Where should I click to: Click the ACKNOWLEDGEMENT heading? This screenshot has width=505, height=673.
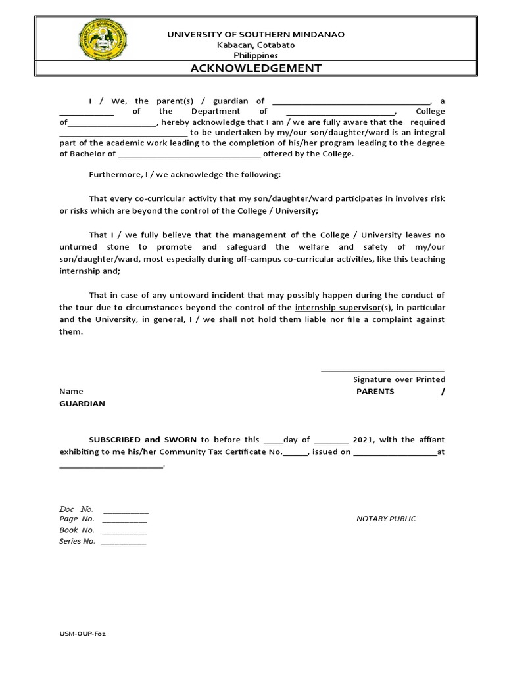[x=256, y=68]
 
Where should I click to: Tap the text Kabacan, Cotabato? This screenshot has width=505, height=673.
[x=256, y=45]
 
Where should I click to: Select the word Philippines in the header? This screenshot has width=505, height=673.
[x=256, y=55]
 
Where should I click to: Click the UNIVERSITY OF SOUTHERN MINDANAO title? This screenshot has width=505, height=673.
[x=256, y=34]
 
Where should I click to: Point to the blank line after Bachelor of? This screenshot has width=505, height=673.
[x=189, y=155]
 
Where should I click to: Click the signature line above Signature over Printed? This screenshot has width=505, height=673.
[x=382, y=371]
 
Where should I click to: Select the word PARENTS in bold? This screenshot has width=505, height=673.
[x=375, y=391]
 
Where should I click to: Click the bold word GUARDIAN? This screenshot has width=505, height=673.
[x=82, y=404]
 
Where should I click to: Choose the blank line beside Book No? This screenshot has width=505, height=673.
[x=125, y=532]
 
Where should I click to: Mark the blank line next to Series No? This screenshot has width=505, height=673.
[x=124, y=543]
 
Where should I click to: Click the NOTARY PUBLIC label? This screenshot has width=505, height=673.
[x=386, y=519]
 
